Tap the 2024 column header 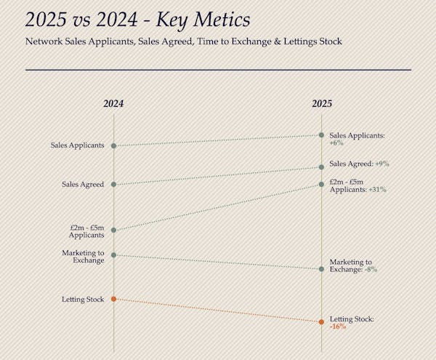tap(113, 104)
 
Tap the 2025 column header tap(322, 104)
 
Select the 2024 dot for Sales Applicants tap(113, 146)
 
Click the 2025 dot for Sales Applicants tap(322, 135)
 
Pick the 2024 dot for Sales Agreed tap(113, 184)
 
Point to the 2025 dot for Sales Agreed tap(322, 167)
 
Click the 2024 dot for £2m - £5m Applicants tap(113, 231)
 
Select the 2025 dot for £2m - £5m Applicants tap(322, 184)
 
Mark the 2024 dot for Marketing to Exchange tap(113, 255)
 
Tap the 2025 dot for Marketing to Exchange tap(322, 269)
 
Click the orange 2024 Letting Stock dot tap(113, 299)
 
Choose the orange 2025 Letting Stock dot tap(322, 321)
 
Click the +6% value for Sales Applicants tap(336, 143)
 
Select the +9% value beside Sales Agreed tap(382, 164)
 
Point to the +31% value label tap(377, 190)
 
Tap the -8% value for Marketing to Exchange tap(371, 270)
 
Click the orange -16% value tap(338, 327)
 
